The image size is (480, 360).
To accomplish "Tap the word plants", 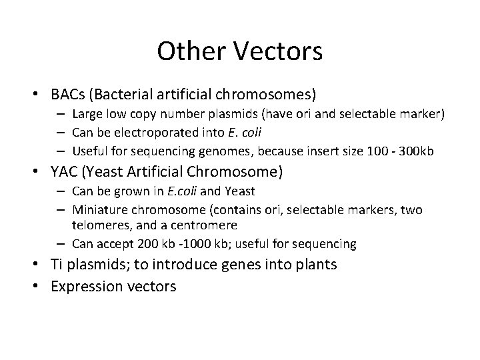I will (315, 265).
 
